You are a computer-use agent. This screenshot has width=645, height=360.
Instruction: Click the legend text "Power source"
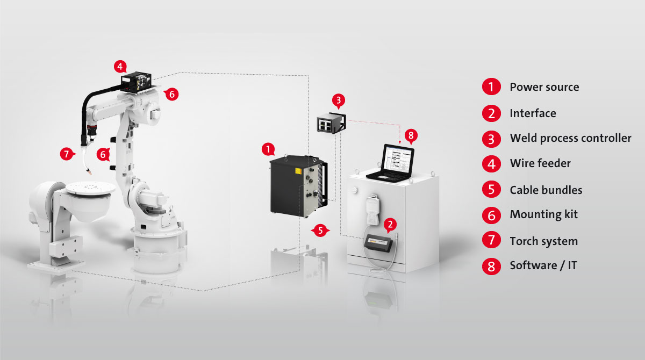click(x=544, y=87)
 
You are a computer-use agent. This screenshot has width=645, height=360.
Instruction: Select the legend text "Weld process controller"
click(x=570, y=138)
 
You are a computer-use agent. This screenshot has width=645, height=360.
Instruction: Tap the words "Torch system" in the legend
click(x=543, y=241)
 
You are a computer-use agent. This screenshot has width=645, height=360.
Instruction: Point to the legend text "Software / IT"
click(x=543, y=265)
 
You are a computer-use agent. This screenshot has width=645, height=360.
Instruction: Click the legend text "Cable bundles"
click(x=546, y=190)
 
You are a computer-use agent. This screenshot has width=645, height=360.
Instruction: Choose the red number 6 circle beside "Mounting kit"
click(x=491, y=215)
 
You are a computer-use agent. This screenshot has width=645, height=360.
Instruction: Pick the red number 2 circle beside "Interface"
click(x=491, y=113)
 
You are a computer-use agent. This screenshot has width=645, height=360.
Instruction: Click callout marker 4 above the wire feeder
click(x=120, y=67)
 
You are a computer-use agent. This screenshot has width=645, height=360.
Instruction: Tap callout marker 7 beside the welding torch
click(x=67, y=154)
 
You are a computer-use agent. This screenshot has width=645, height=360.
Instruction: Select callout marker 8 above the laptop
click(x=411, y=135)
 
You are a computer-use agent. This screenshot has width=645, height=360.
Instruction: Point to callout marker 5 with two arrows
click(x=320, y=230)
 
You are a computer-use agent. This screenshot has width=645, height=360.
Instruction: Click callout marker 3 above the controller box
click(x=338, y=100)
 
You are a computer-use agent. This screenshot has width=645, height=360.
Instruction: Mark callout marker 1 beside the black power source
click(x=268, y=149)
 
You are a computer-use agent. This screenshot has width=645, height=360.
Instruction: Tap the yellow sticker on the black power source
click(x=298, y=171)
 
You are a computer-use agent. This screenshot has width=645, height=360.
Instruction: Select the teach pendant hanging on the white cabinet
click(x=373, y=210)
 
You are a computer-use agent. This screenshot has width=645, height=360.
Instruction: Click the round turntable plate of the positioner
click(x=90, y=188)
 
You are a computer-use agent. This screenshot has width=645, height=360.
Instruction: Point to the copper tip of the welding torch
click(x=90, y=172)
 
